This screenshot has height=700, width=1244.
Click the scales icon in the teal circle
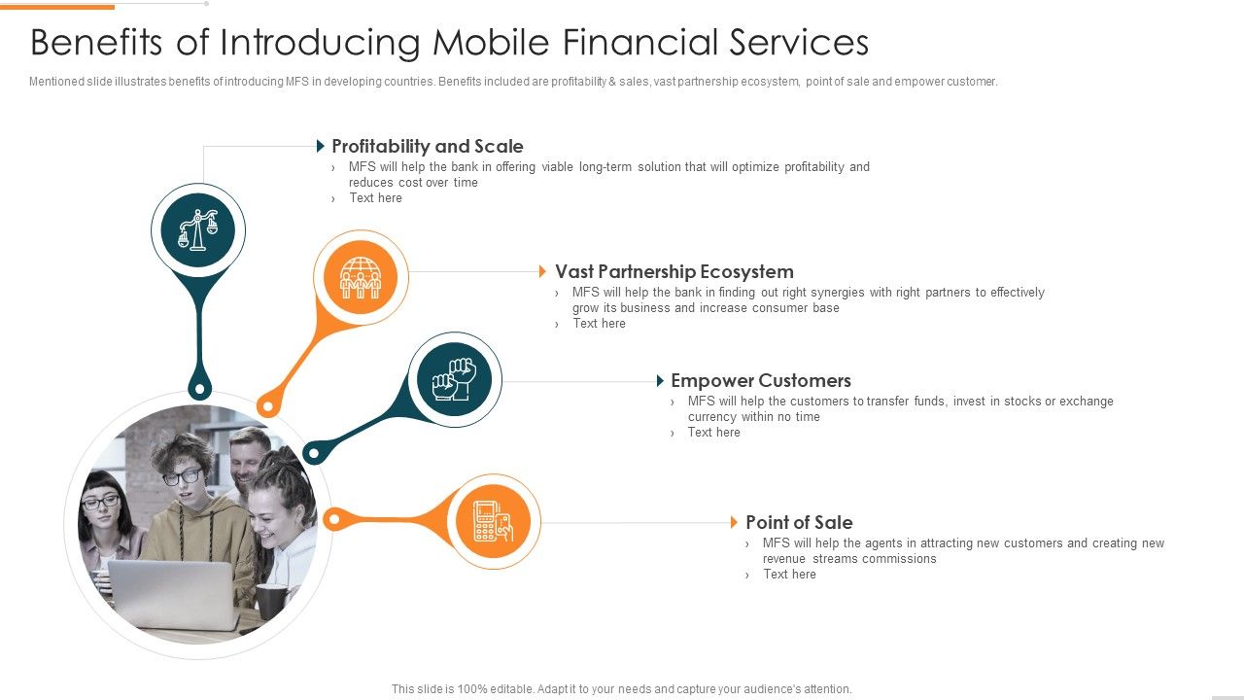[x=198, y=230]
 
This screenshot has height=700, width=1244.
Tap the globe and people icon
[x=361, y=278]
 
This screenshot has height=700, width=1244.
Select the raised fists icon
[x=453, y=379]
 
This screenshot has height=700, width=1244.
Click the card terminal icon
[x=493, y=521]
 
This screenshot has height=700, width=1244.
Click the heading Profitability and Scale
[x=427, y=147]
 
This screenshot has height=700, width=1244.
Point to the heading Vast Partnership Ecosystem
[x=674, y=272]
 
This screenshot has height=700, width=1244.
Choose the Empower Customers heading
[x=760, y=381]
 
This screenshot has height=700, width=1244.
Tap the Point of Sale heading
[x=799, y=523]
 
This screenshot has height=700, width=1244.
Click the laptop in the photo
[x=173, y=593]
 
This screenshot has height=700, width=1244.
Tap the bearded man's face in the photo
[x=249, y=457]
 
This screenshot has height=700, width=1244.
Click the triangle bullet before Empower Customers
[x=661, y=381]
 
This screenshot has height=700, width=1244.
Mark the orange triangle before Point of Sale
[x=735, y=523]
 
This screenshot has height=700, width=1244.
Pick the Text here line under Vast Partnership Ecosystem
[x=599, y=324]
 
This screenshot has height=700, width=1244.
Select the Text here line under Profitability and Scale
[x=375, y=198]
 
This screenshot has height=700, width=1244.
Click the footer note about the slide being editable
[x=621, y=689]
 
